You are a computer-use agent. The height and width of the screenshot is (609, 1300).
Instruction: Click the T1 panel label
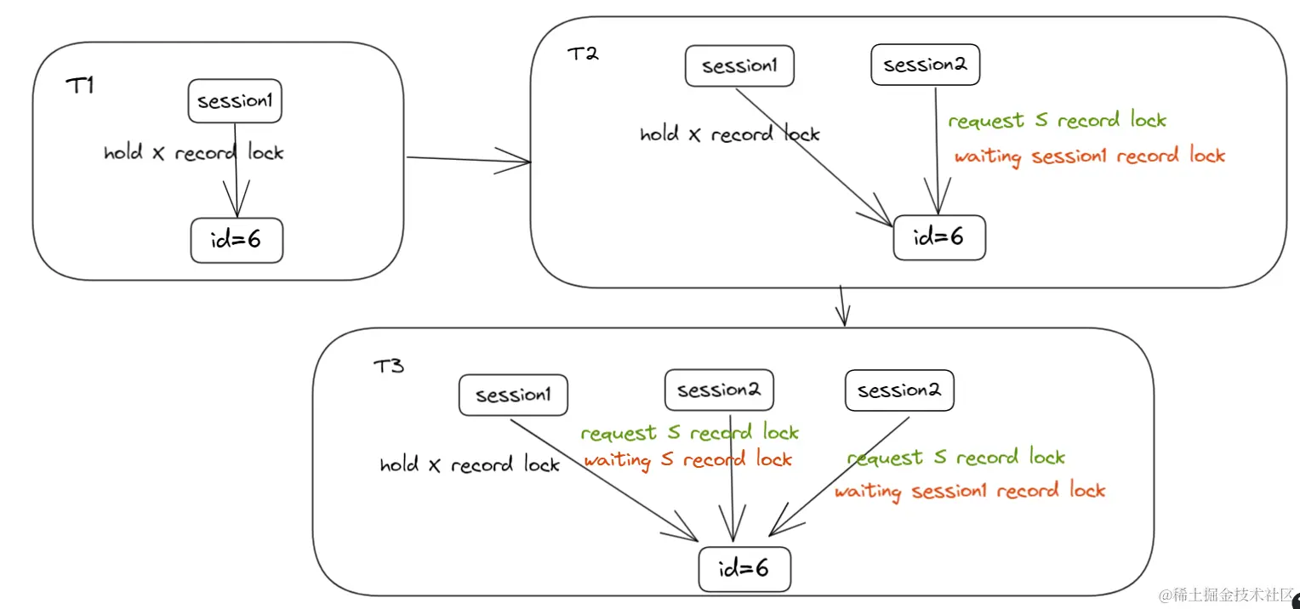(79, 86)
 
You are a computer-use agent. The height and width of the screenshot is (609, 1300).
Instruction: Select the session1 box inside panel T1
(235, 102)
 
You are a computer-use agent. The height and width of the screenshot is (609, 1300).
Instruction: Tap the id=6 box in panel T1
(237, 241)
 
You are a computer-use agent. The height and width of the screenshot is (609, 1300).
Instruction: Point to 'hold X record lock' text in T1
(193, 153)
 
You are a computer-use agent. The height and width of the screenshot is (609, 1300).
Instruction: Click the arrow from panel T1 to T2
(468, 159)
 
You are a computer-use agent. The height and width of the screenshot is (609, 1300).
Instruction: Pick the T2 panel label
(583, 54)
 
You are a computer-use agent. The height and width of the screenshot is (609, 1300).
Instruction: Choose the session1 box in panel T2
(739, 66)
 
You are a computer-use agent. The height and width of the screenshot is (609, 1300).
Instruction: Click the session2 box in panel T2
(925, 65)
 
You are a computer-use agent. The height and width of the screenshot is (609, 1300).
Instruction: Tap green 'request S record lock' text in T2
(1057, 121)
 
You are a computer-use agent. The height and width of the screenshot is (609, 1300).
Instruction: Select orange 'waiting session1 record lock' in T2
(1089, 157)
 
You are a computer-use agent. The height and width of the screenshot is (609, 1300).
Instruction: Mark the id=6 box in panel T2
(939, 237)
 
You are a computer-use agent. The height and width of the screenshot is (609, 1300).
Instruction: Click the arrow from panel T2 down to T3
(842, 306)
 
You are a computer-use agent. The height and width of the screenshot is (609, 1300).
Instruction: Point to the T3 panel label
(389, 367)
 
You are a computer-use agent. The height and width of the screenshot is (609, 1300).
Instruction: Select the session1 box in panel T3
(513, 396)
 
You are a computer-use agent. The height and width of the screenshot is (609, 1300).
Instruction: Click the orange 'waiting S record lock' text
(687, 460)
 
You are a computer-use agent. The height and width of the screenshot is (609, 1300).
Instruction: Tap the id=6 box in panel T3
(744, 568)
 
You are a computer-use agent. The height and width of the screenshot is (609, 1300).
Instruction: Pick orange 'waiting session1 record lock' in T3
(969, 492)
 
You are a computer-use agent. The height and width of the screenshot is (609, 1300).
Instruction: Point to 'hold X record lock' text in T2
(729, 134)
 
